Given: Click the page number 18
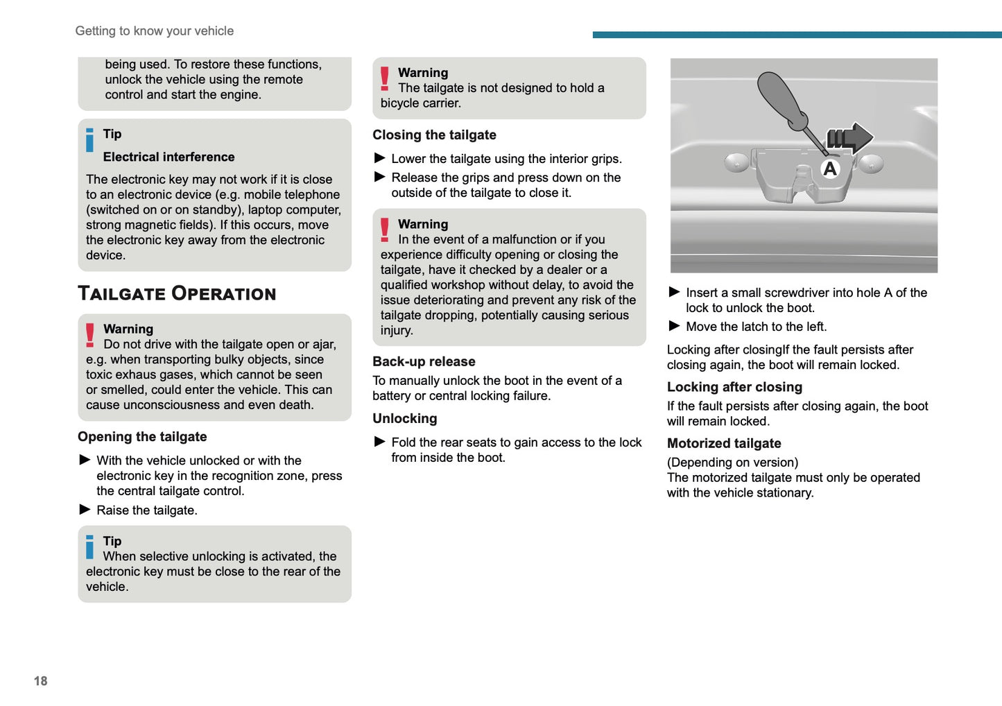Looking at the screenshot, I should (x=40, y=681).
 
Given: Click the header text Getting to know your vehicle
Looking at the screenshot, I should (x=154, y=31).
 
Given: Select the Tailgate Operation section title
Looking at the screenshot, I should (x=177, y=293).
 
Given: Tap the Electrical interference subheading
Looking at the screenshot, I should (x=169, y=157).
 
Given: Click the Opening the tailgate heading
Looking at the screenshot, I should (x=142, y=437).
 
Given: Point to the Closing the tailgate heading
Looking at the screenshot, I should (x=434, y=135).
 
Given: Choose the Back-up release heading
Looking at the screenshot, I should (x=424, y=361).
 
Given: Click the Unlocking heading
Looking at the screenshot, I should (x=404, y=419).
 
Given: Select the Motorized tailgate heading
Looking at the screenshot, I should (x=723, y=444).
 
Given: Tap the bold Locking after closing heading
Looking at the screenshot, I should (x=734, y=387).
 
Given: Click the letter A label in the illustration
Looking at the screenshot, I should (x=829, y=169).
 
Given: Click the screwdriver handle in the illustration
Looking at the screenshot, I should (x=779, y=96).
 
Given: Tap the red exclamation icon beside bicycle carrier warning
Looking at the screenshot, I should (x=385, y=78).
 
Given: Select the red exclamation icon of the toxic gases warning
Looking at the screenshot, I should (x=90, y=335).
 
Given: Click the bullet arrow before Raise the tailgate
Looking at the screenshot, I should (x=85, y=510).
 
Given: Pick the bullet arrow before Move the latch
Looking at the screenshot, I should (x=674, y=326).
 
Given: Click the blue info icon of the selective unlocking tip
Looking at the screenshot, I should (x=89, y=546).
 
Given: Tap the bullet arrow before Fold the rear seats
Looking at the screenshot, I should (x=379, y=442).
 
